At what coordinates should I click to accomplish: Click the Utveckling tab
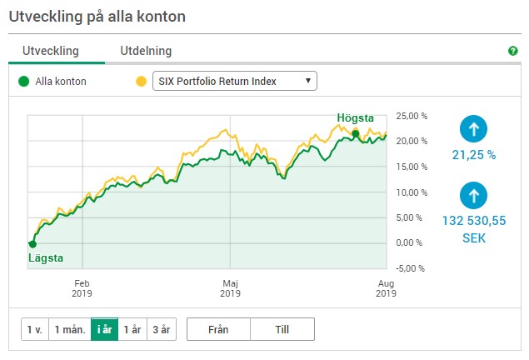[x=51, y=51]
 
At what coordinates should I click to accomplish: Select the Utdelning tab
[x=146, y=51]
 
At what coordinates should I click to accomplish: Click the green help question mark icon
[x=513, y=51]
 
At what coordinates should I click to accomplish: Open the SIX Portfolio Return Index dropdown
[x=235, y=81]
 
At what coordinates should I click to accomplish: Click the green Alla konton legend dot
[x=23, y=82]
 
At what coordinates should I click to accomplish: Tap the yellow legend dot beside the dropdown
[x=141, y=82]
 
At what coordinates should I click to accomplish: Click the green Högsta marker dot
[x=356, y=134]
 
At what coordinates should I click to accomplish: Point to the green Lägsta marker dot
[x=32, y=244]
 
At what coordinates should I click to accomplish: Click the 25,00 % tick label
[x=412, y=116]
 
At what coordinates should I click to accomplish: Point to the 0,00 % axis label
[x=409, y=242]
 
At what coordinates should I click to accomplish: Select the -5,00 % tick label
[x=410, y=268]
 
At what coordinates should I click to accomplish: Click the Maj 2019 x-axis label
[x=231, y=288]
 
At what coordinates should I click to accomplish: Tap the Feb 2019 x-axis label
[x=82, y=288]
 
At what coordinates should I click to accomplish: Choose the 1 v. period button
[x=35, y=329]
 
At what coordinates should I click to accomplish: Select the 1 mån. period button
[x=70, y=329]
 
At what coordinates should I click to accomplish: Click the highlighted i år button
[x=105, y=329]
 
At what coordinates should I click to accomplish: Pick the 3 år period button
[x=162, y=329]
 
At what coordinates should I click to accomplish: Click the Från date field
[x=218, y=329]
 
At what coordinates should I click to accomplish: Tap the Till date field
[x=282, y=329]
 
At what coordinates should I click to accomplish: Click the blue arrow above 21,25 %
[x=474, y=129]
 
